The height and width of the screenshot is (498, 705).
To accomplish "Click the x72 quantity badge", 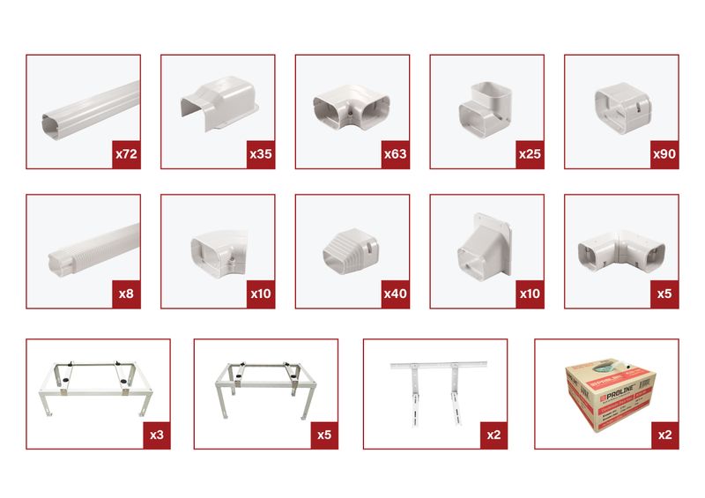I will pyautogui.click(x=125, y=153).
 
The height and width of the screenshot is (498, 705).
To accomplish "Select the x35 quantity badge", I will pyautogui.click(x=260, y=153).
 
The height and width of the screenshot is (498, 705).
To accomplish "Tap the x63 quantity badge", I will pyautogui.click(x=395, y=153).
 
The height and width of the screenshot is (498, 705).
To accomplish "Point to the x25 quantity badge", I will pyautogui.click(x=530, y=153).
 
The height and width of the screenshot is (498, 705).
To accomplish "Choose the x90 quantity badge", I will pyautogui.click(x=664, y=153).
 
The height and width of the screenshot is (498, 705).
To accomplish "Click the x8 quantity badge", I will pyautogui.click(x=125, y=294).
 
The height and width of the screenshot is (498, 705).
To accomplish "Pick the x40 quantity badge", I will pyautogui.click(x=395, y=294).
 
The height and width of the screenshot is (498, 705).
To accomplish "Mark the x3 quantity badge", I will pyautogui.click(x=155, y=435).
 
